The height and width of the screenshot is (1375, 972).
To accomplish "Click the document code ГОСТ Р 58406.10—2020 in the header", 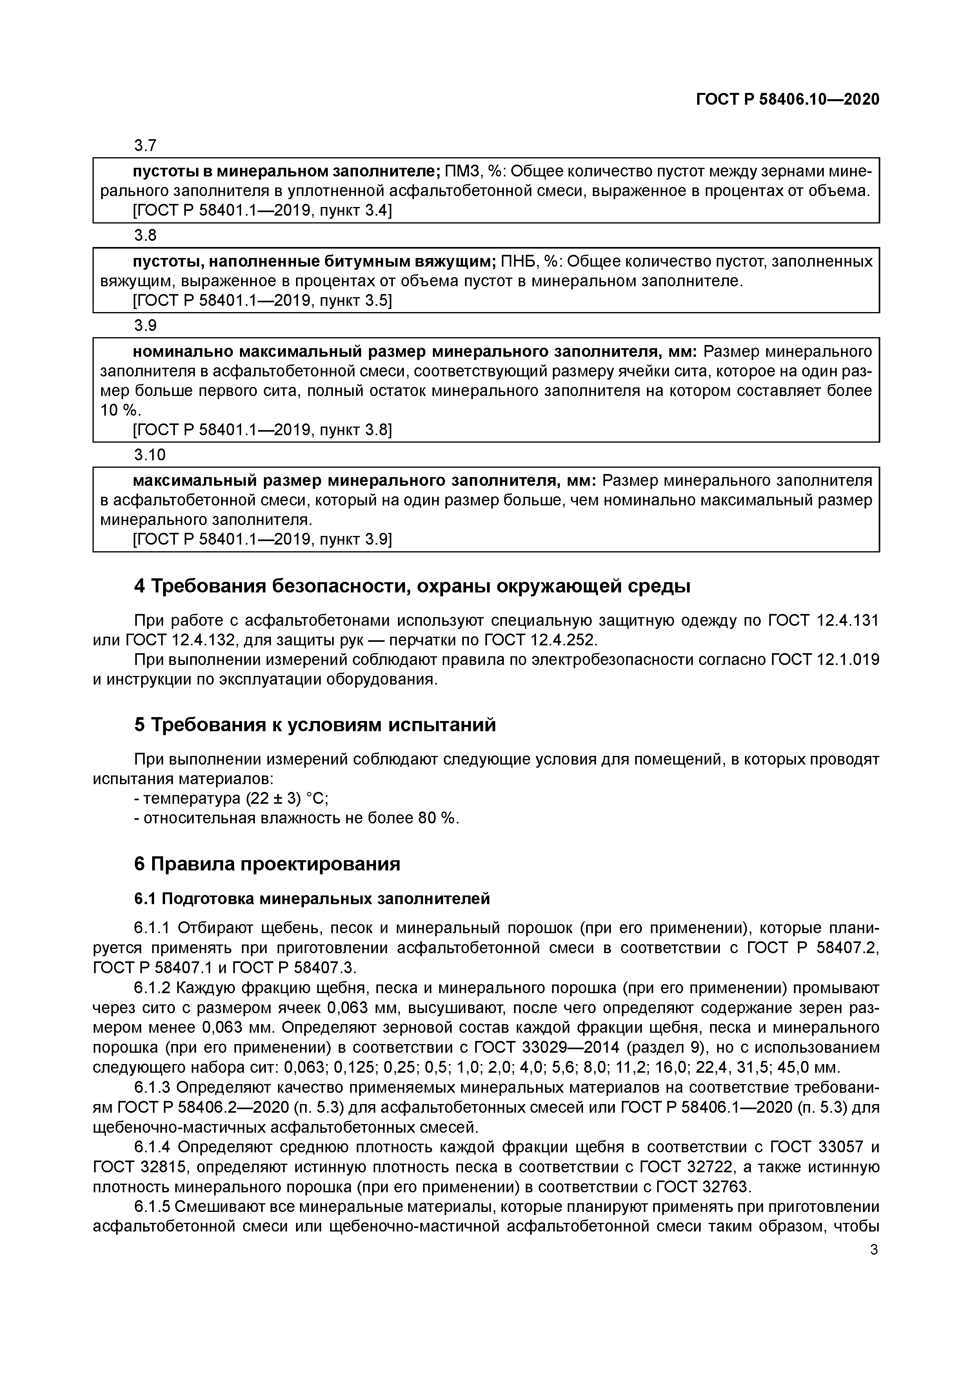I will click(x=788, y=100).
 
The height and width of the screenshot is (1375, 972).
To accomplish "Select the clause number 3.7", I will click(x=145, y=145).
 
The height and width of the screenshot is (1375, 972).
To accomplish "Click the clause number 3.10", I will click(x=149, y=455).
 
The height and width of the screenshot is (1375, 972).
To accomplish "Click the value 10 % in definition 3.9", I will click(x=118, y=411).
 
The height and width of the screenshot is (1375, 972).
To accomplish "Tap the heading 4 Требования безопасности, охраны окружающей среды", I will click(x=412, y=586).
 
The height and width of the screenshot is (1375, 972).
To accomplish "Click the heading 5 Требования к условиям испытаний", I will click(x=315, y=725).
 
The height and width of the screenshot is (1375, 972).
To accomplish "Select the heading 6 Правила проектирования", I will click(x=267, y=864).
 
